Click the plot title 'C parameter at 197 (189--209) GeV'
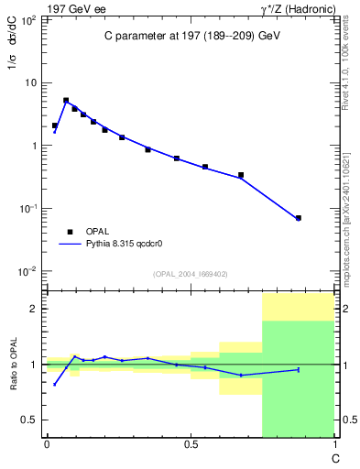[x=191, y=35]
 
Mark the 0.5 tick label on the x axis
[x=191, y=445]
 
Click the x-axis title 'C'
[x=335, y=457]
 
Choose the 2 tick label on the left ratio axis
[x=34, y=309]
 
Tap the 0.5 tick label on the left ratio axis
[x=29, y=420]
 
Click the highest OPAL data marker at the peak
[x=66, y=101]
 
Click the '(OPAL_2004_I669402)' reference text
[x=191, y=273]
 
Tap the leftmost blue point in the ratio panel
[x=55, y=384]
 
